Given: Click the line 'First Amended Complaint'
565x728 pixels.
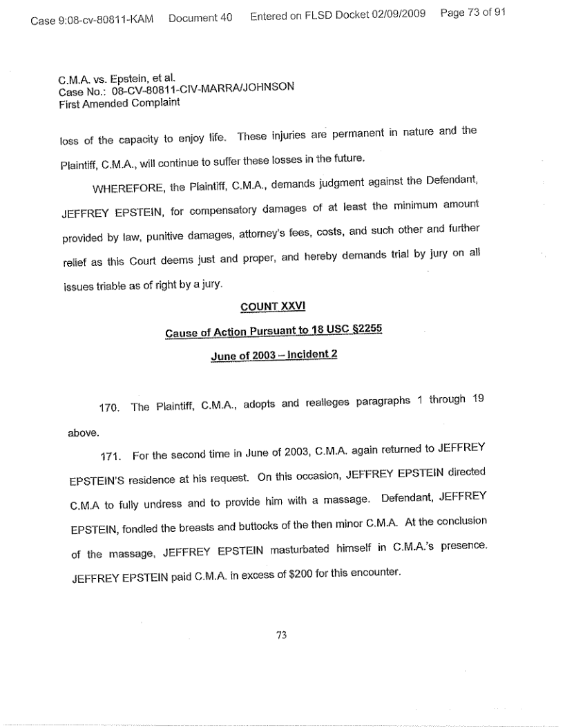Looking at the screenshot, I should (x=119, y=103).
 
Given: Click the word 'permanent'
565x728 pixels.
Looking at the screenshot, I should (x=345, y=133).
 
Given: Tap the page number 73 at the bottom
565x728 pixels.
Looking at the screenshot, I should (x=281, y=635).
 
